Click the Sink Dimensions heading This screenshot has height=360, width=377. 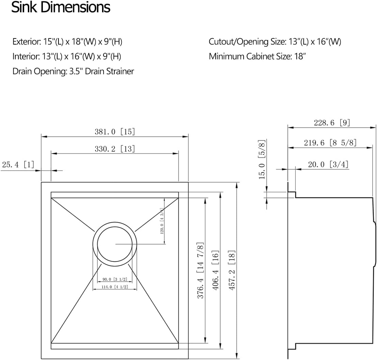(61, 7)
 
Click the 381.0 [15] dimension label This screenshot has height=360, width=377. (115, 132)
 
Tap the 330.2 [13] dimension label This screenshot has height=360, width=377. (115, 149)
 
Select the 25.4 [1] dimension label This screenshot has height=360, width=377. (18, 165)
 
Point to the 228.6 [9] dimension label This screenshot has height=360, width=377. (332, 122)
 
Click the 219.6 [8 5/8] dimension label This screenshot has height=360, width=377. (330, 143)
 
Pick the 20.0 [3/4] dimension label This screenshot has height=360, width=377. (328, 164)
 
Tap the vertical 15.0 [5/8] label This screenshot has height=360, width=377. (262, 159)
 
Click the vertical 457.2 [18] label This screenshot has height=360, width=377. (231, 270)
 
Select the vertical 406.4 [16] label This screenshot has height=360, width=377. (215, 270)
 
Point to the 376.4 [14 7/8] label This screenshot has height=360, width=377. (200, 270)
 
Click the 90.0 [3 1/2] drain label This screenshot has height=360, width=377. (115, 279)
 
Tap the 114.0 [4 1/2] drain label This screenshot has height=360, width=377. (115, 287)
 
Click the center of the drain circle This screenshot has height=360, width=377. (115, 244)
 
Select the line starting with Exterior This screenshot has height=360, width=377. (67, 42)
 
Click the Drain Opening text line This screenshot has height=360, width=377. (73, 71)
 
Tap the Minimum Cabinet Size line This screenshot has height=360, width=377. (257, 56)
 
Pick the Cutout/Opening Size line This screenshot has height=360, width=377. (275, 42)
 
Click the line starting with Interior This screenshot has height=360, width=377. (67, 56)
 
